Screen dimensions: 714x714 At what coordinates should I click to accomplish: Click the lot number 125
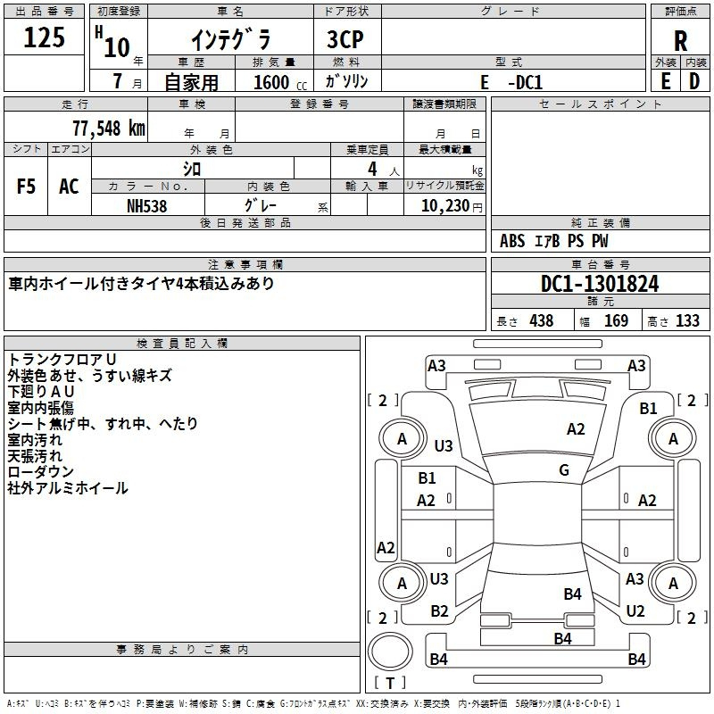[45, 38]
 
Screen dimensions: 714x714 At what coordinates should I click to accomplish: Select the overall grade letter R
[680, 41]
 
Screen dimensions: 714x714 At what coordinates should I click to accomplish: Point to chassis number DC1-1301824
[600, 284]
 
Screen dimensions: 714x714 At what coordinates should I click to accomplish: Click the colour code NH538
[147, 205]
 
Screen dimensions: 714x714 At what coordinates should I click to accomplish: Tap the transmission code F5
[27, 187]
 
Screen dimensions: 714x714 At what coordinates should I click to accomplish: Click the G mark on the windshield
[564, 470]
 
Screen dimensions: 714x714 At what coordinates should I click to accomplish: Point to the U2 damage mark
[635, 611]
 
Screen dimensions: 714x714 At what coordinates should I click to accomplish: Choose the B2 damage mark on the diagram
[439, 611]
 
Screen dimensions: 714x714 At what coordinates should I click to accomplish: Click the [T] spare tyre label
[390, 684]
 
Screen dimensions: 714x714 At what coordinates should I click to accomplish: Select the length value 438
[541, 321]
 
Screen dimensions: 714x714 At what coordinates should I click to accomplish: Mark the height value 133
[687, 321]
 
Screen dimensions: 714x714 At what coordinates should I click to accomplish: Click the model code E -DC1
[511, 82]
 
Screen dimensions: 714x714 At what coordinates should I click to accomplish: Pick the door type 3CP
[346, 40]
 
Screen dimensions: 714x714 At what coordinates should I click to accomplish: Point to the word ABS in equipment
[512, 241]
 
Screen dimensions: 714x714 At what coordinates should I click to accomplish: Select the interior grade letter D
[693, 81]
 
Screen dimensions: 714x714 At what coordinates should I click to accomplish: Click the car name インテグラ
[230, 41]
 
